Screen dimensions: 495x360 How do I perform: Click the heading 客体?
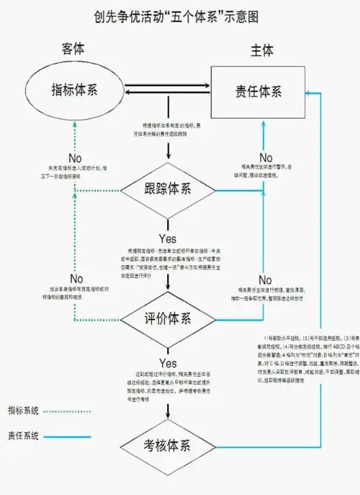(x=73, y=49)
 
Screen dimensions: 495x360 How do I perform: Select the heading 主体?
(x=261, y=51)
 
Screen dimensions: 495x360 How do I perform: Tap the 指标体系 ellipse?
(x=75, y=91)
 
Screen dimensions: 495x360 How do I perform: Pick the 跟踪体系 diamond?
(x=168, y=190)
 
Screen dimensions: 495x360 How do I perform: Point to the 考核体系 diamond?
(x=168, y=445)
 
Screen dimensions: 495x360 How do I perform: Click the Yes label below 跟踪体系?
(x=168, y=238)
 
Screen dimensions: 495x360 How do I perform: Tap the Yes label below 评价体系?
(x=168, y=363)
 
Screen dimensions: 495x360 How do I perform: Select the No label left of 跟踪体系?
(x=75, y=158)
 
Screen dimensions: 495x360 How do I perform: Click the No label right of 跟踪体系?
(x=266, y=158)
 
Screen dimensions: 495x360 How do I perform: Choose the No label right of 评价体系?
(x=265, y=280)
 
